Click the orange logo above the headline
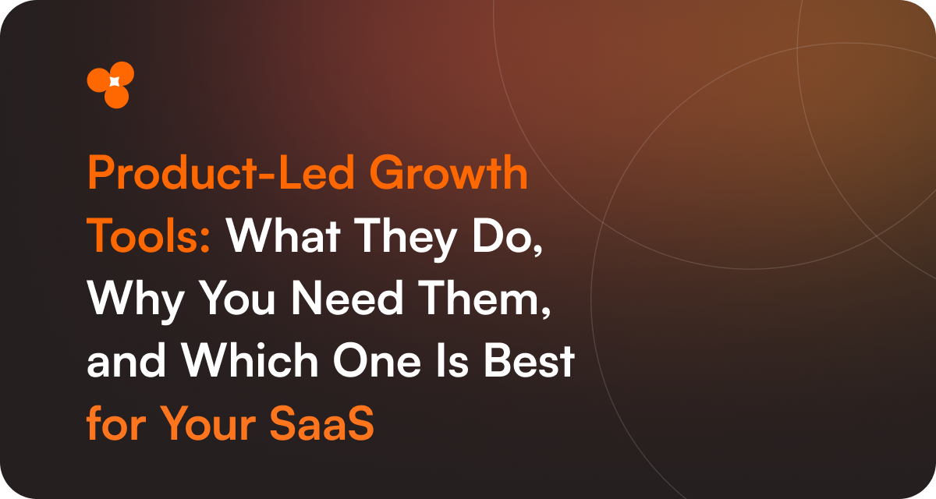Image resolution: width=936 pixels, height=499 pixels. coord(111,84)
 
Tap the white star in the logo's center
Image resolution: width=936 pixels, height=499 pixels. coord(114,82)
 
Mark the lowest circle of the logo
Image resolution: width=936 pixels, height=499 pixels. coord(116,97)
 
